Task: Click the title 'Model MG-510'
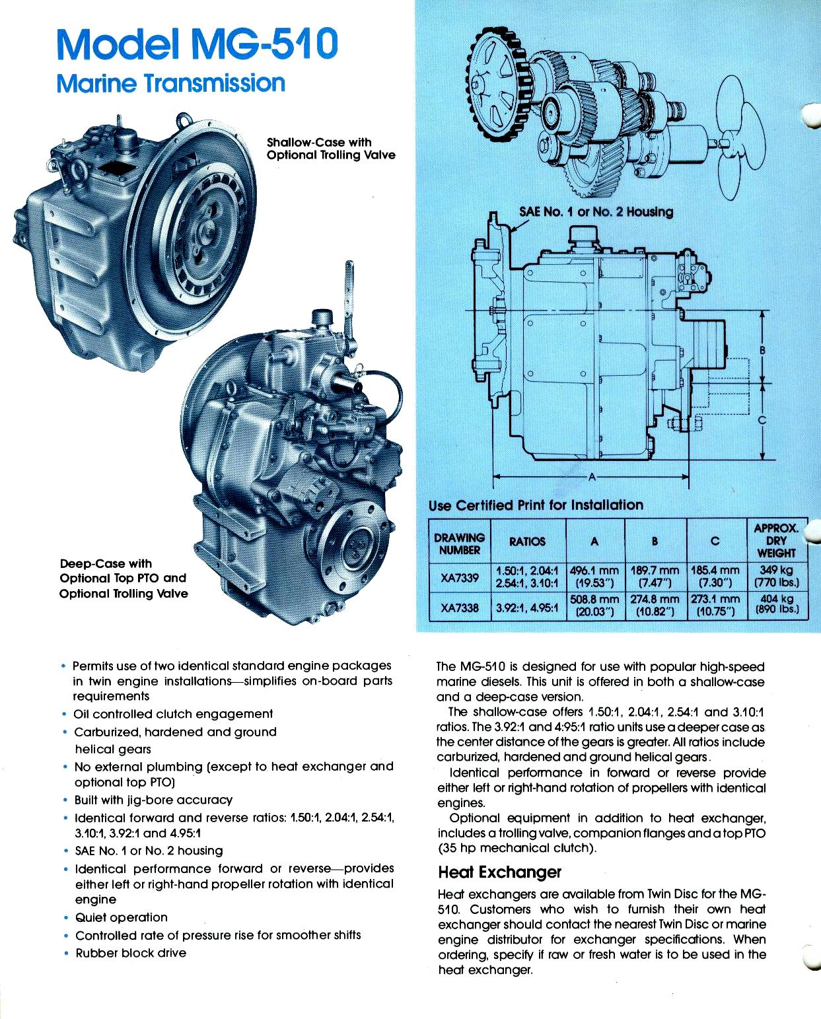(x=197, y=44)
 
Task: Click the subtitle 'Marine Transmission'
(x=170, y=83)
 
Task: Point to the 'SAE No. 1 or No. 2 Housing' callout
(x=596, y=211)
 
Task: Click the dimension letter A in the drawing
(x=592, y=477)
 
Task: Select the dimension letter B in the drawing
(x=762, y=349)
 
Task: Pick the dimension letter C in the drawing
(x=762, y=420)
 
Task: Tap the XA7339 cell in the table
(x=459, y=577)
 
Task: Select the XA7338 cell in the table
(x=459, y=607)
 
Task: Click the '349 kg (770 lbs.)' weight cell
(x=776, y=577)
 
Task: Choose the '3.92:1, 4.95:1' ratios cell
(x=527, y=607)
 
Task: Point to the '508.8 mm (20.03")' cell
(x=594, y=606)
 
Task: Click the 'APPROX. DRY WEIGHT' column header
(x=776, y=541)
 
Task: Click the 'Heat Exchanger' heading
(x=499, y=872)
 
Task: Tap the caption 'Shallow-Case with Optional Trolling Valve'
(x=330, y=149)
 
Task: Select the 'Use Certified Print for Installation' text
(x=536, y=505)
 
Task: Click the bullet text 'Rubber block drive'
(x=131, y=953)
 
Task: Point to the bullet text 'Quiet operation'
(x=122, y=917)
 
